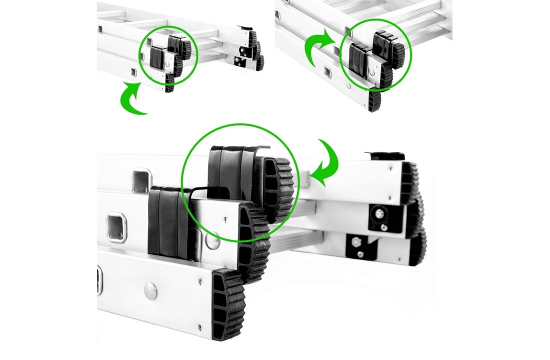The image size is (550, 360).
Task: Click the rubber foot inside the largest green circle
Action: pyautogui.click(x=276, y=188)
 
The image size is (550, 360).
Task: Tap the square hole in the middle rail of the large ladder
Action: pyautogui.click(x=116, y=227)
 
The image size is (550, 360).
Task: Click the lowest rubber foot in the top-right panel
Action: pyautogui.click(x=374, y=100)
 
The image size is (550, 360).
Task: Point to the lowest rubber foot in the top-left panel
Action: pyautogui.click(x=169, y=83)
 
